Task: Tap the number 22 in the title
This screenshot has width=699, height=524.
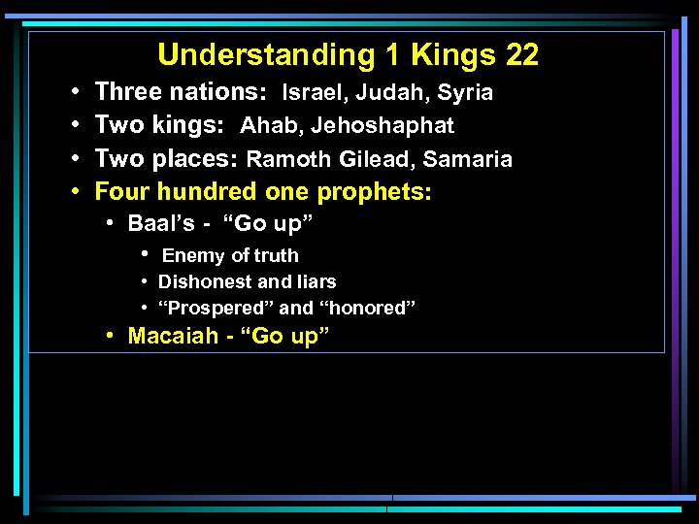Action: click(x=521, y=55)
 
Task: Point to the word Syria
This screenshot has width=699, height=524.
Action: click(x=465, y=93)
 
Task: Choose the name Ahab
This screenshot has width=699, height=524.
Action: click(x=269, y=126)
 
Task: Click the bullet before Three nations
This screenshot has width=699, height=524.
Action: click(x=76, y=93)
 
